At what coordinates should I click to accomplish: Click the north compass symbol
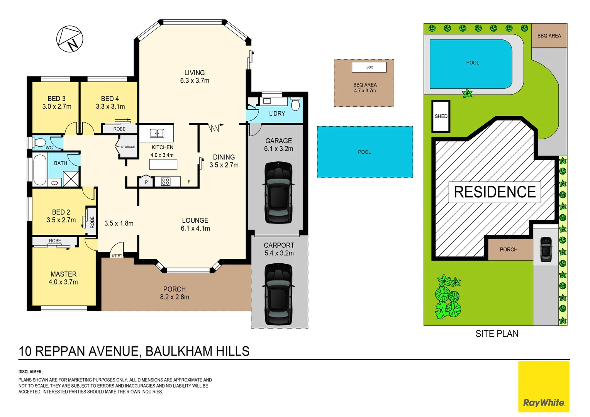point(70,39)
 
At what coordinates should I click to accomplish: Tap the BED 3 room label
point(56,99)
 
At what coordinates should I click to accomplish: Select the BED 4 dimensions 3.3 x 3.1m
point(110,107)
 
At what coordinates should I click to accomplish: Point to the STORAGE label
point(128,147)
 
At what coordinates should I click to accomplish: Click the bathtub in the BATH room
point(39,170)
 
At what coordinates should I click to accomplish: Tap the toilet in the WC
point(39,142)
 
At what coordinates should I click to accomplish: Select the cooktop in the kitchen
point(166,181)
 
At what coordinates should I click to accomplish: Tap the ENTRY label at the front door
point(117,256)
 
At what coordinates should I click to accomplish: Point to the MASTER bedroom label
point(64,274)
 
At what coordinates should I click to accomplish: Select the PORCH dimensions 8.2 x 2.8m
point(175,297)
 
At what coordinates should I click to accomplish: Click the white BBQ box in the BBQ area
point(369,67)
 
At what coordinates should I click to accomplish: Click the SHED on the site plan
point(441,116)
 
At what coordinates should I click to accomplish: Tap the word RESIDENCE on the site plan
point(495,192)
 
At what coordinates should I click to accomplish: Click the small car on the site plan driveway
point(546,249)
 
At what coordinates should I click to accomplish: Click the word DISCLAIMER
point(31,372)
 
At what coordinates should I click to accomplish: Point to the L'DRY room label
point(277,114)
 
